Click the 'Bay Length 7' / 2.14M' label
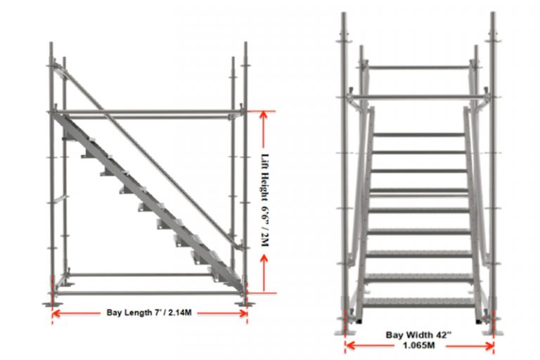click(x=149, y=311)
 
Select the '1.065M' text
click(x=419, y=345)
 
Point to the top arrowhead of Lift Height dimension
click(x=264, y=114)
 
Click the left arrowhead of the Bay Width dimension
click(x=347, y=345)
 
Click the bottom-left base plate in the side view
click(x=51, y=303)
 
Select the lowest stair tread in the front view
click(x=419, y=301)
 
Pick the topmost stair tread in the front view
click(x=419, y=133)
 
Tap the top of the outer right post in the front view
click(x=493, y=14)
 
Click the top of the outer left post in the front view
click(x=344, y=14)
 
